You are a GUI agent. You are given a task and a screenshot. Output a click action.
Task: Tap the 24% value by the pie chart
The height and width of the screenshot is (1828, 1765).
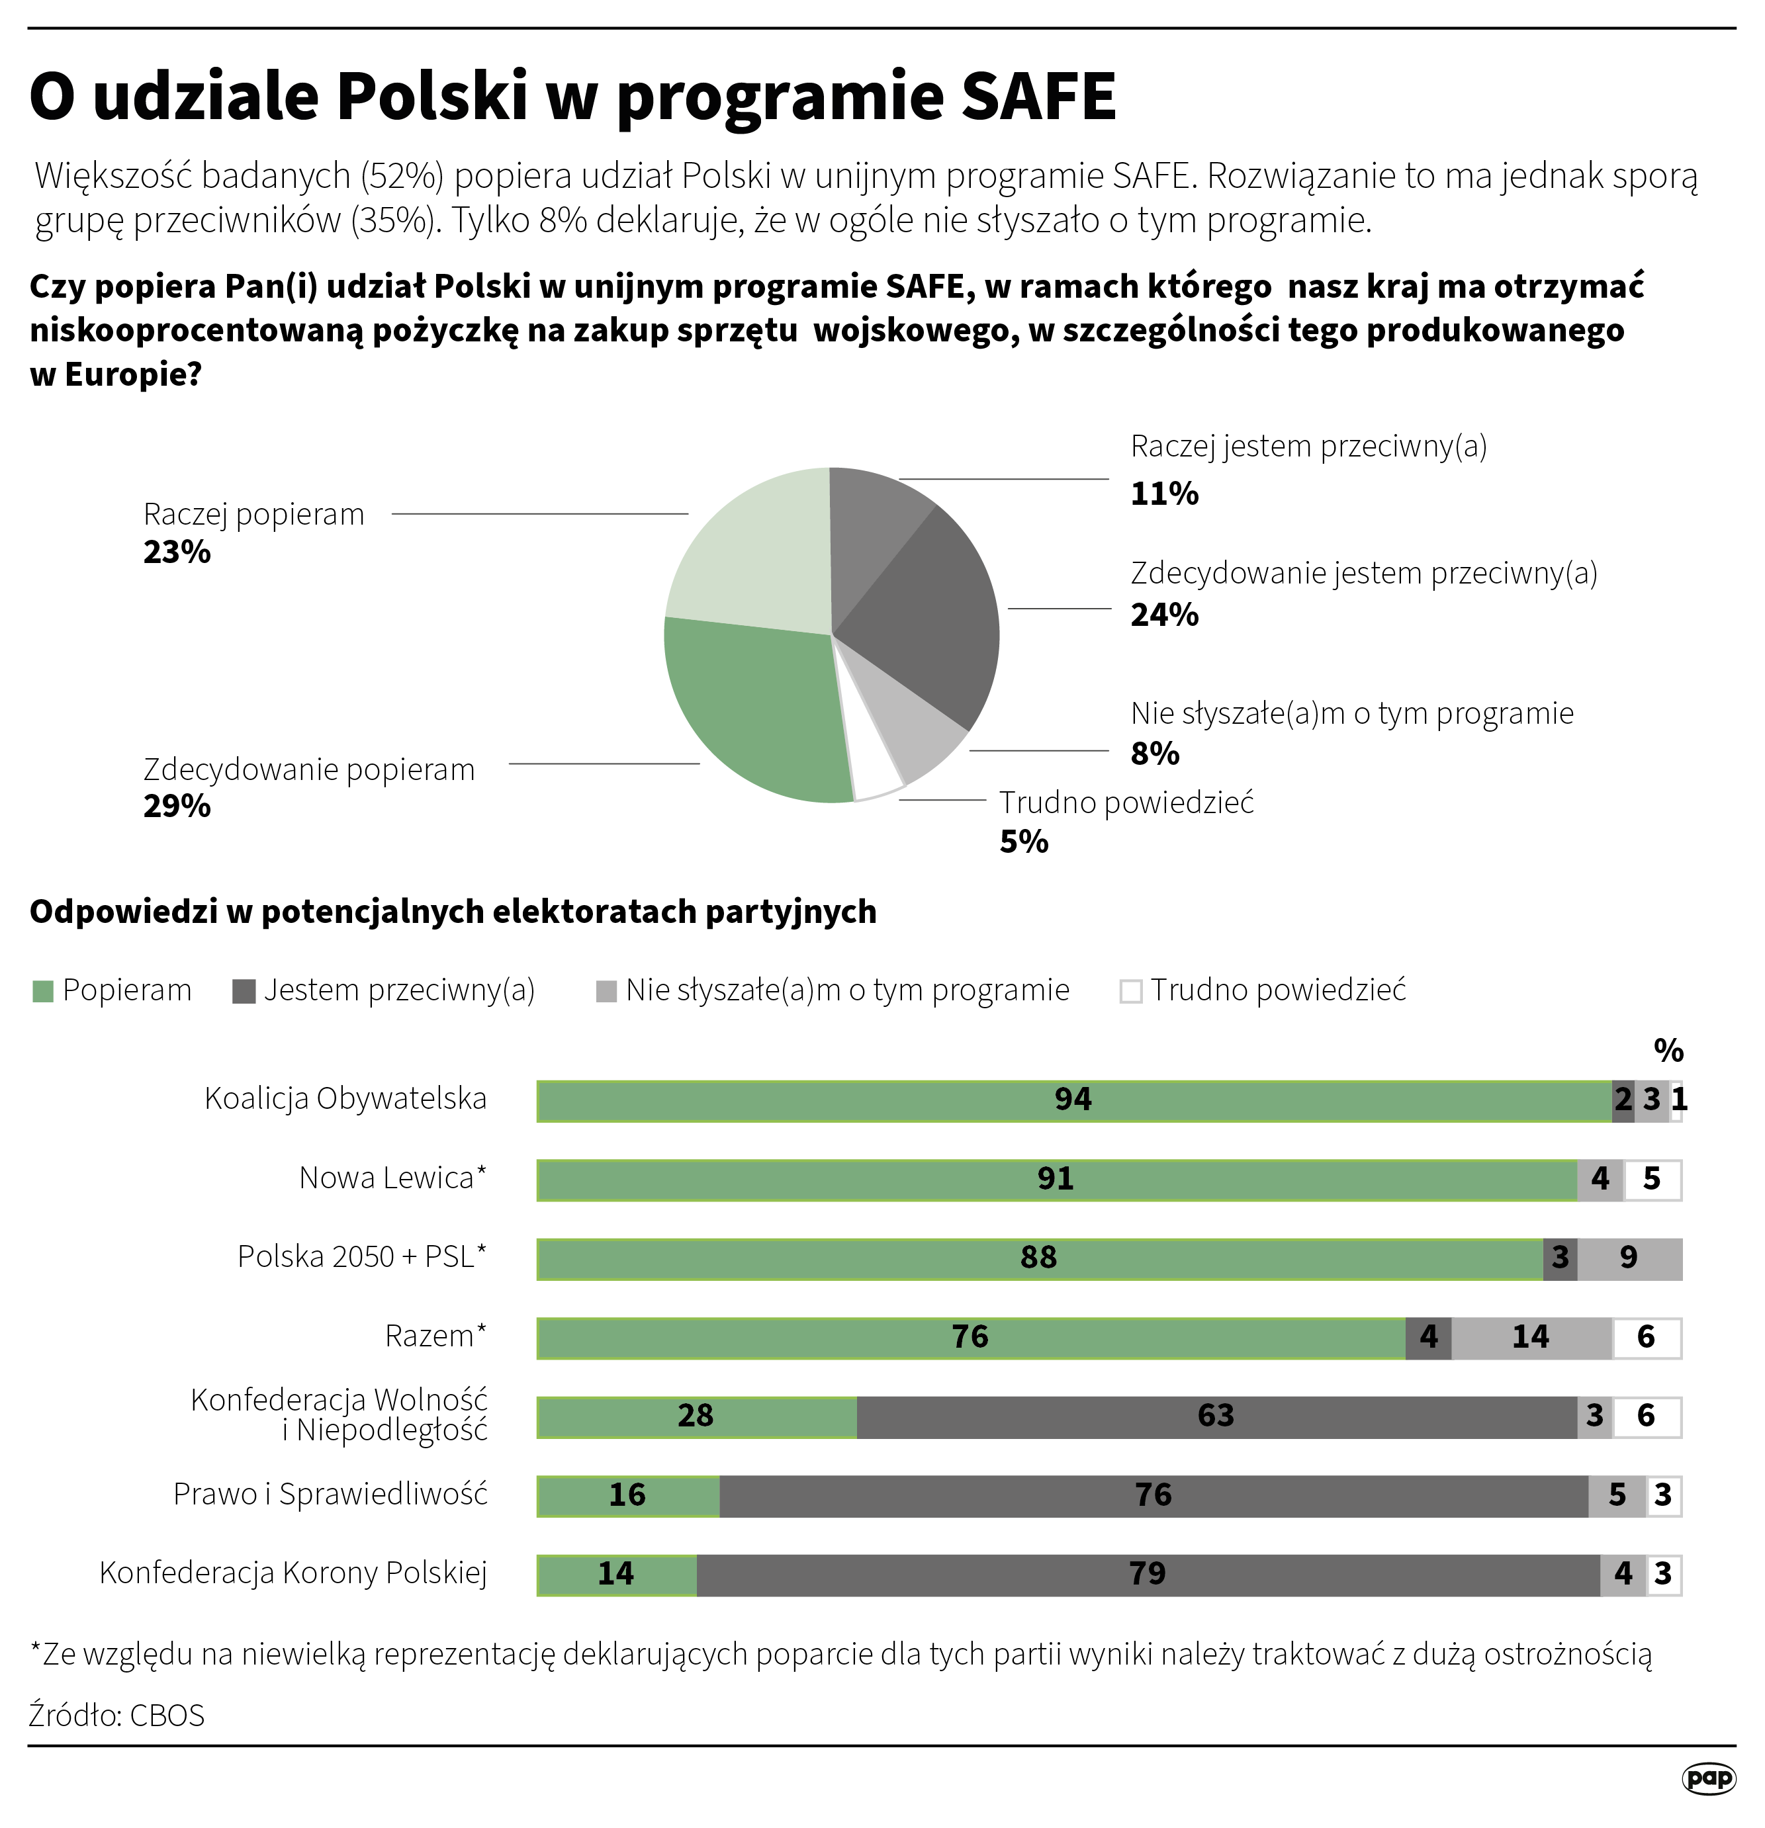click(x=1164, y=615)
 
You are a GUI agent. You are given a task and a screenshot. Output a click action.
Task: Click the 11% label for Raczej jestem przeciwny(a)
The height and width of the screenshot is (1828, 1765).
click(x=1164, y=494)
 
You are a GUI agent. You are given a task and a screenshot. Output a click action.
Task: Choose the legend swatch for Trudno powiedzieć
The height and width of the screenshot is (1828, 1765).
click(x=1130, y=992)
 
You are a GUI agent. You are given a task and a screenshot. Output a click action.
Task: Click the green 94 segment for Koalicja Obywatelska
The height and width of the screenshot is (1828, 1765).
click(x=1073, y=1100)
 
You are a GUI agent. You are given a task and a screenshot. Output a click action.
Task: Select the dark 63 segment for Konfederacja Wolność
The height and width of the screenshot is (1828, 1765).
click(x=1216, y=1416)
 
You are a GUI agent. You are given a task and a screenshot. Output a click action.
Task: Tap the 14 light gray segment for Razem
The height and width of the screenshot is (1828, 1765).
click(x=1530, y=1338)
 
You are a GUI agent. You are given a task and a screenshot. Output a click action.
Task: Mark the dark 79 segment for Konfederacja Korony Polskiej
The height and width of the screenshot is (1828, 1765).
click(x=1148, y=1575)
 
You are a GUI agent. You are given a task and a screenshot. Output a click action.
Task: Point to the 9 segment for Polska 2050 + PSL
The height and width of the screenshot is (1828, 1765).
click(x=1629, y=1258)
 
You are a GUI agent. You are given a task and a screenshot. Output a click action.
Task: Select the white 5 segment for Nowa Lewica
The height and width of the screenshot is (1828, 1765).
click(x=1652, y=1180)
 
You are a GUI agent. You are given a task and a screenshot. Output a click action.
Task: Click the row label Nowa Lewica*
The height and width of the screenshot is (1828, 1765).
click(x=392, y=1179)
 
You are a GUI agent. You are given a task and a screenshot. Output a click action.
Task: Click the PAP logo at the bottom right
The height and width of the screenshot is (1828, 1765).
click(x=1709, y=1778)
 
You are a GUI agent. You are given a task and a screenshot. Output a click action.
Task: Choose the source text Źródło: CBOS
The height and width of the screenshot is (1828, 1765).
click(x=116, y=1715)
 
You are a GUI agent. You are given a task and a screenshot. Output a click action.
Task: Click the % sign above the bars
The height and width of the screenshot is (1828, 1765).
click(x=1668, y=1051)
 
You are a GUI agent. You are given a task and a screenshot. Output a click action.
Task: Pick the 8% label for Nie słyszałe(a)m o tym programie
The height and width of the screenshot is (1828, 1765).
click(x=1155, y=754)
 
